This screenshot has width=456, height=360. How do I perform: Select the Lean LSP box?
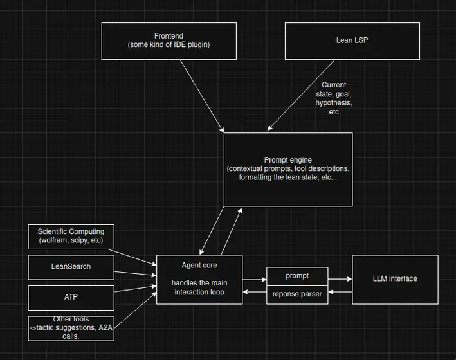tap(352, 41)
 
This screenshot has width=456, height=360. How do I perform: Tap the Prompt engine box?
tap(287, 169)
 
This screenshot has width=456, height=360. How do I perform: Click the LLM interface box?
tap(395, 279)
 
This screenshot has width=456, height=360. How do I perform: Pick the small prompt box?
tap(297, 276)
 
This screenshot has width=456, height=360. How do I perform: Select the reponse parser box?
tap(297, 294)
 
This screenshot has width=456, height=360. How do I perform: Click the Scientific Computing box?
tap(71, 237)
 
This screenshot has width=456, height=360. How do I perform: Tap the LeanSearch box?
tap(71, 266)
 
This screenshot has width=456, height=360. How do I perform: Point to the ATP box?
tap(71, 298)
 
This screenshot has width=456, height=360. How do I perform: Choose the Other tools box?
tap(71, 327)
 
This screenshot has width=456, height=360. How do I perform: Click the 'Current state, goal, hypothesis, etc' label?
tap(334, 98)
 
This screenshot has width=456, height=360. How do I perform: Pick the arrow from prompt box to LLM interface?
tap(340, 279)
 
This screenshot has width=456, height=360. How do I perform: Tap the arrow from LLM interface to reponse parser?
tap(340, 293)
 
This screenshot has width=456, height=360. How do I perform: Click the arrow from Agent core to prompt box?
tap(255, 280)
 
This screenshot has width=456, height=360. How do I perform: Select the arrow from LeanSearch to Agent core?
tap(135, 271)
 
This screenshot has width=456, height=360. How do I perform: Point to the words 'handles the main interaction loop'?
tap(200, 287)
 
